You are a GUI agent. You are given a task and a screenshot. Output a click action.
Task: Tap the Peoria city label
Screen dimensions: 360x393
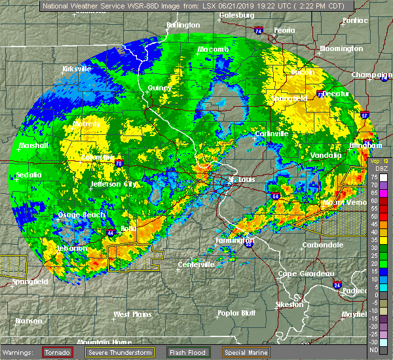284,31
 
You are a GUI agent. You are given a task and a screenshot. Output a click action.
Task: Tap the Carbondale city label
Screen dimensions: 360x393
322,245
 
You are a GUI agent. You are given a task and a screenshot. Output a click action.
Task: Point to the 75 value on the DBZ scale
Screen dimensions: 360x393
374,177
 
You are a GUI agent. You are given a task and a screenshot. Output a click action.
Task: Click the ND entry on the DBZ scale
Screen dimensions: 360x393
374,349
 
